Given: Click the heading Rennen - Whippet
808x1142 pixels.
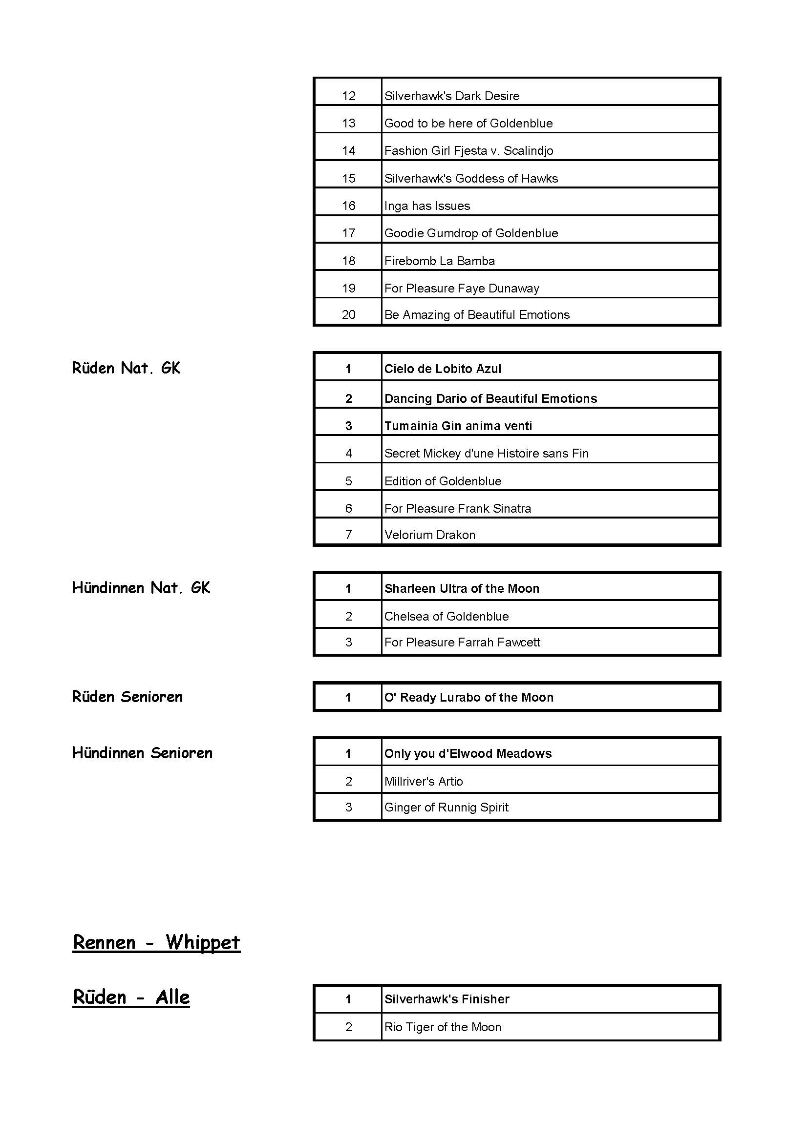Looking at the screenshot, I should coord(156,942).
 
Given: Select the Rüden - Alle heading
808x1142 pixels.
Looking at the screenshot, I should coord(131,997).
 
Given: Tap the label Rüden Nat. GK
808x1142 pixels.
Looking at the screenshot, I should coord(126,368).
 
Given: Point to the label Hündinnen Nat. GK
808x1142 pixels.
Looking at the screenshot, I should coord(141,588).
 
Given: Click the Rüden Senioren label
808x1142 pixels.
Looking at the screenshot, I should coord(128,697).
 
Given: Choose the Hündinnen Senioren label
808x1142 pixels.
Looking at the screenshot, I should coord(142,753).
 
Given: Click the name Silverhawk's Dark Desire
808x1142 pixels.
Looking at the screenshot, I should coord(452,96).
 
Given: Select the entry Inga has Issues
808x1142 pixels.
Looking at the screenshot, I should coord(427,206).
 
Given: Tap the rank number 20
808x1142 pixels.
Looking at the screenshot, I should coord(348,315).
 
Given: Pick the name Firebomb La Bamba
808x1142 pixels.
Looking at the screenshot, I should coord(439,261).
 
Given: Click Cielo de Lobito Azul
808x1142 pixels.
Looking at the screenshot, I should coord(443,369).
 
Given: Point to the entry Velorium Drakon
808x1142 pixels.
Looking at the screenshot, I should coord(430,535).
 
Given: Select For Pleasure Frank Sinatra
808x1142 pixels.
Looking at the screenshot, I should coord(458,508).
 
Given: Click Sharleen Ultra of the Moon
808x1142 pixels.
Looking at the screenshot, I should coord(462,589).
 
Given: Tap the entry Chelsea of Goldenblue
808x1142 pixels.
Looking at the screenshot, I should coord(447,617).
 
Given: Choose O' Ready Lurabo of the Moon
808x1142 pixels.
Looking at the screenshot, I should coord(468,698).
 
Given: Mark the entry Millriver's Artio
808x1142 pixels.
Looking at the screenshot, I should coord(424,781).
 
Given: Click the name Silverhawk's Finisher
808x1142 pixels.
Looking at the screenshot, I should coord(447,999).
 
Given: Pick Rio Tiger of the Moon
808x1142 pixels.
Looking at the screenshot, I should coord(443,1027).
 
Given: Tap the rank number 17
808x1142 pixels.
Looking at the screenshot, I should coord(348,233).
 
